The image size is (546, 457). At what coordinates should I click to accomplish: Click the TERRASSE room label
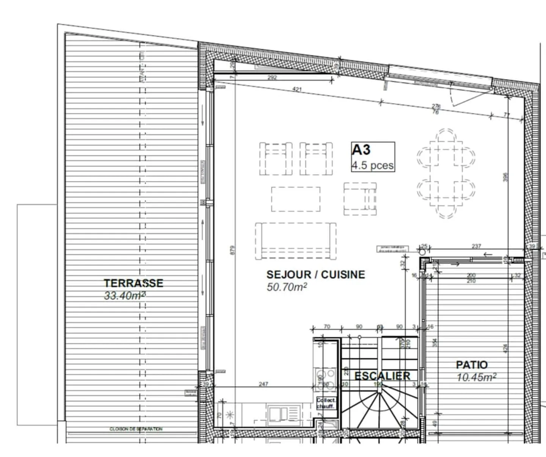coord(133,283)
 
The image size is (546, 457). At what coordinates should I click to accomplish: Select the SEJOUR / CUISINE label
coord(315,274)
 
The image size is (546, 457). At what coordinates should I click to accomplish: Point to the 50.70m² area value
coord(287,287)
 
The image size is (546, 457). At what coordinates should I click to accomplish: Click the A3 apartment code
coord(361,150)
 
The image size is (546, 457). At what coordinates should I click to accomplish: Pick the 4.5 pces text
coord(372,166)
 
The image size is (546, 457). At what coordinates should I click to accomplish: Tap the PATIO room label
coord(472,365)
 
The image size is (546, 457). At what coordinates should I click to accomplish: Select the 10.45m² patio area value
coord(477,377)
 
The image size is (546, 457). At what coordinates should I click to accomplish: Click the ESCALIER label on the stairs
coord(382,376)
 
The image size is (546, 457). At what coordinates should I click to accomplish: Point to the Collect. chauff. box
coord(325,403)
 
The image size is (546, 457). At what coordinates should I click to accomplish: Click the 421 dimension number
coord(297,89)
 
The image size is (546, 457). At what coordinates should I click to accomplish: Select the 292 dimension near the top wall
coord(272,78)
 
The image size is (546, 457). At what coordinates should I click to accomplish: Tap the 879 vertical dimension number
coord(233,250)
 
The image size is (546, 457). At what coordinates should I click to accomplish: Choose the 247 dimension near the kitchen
coord(263,384)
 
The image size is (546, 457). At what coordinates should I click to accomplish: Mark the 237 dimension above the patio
coord(476,246)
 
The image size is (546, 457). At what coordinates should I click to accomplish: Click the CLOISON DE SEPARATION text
coord(136,429)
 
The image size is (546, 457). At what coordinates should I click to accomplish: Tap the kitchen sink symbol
coord(284,413)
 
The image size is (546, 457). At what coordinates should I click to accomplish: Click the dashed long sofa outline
coord(295,241)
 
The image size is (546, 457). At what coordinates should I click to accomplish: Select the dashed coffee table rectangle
coord(295,199)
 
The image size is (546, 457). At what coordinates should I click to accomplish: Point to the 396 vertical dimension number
coord(505,177)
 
